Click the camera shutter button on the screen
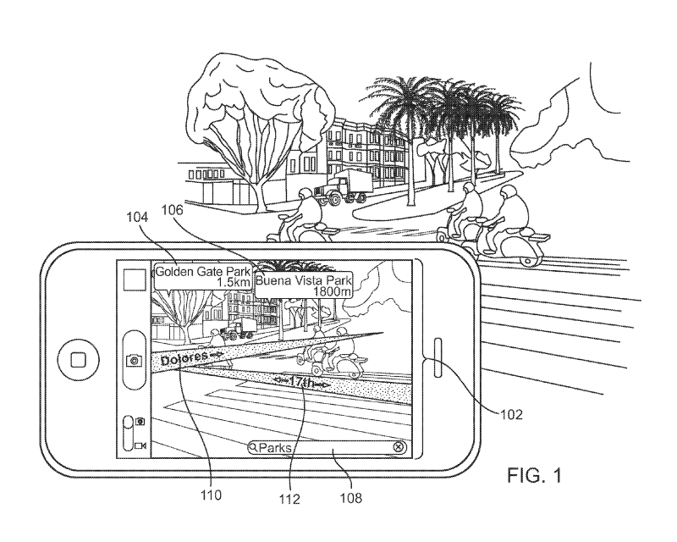134,360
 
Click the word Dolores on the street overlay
181,358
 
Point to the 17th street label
302,384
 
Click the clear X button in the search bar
399,446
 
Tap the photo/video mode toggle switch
129,432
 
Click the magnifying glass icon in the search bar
253,446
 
